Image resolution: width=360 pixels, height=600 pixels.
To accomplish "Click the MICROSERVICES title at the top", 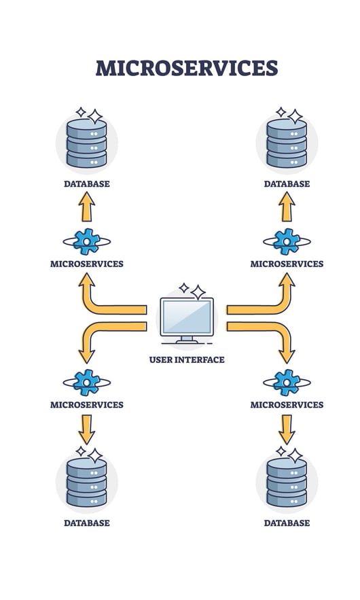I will (186, 69).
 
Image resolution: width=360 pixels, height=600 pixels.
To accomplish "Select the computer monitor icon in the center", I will (187, 320).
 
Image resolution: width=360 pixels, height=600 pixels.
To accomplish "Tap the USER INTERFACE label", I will (187, 359).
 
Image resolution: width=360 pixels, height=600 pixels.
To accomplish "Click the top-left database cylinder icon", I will (86, 143).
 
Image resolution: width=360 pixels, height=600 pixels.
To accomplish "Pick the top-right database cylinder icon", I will (287, 143).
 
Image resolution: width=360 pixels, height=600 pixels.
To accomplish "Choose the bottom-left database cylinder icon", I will (86, 483).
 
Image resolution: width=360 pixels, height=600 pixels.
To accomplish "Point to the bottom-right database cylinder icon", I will (287, 483).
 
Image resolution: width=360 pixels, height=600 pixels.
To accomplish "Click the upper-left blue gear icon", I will (86, 241).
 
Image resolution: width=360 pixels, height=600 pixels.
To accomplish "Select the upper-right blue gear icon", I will (287, 241).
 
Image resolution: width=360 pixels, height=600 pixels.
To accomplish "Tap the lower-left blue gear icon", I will (86, 383).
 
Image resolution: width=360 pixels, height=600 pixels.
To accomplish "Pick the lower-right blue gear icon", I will (287, 383).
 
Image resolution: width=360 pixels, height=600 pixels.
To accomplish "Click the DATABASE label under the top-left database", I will (86, 183).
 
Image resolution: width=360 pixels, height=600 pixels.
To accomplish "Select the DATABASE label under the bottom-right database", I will (287, 523).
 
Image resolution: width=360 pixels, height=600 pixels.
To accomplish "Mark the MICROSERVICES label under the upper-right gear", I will (287, 264).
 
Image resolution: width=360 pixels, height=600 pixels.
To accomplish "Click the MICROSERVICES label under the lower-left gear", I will (86, 405).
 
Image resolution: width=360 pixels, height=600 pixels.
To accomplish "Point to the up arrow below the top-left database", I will (86, 207).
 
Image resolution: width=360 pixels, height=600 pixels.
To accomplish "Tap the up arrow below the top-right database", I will (287, 207).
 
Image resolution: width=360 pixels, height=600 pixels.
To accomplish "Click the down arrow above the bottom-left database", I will (86, 429).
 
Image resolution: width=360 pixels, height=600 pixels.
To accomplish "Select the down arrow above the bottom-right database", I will (287, 429).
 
